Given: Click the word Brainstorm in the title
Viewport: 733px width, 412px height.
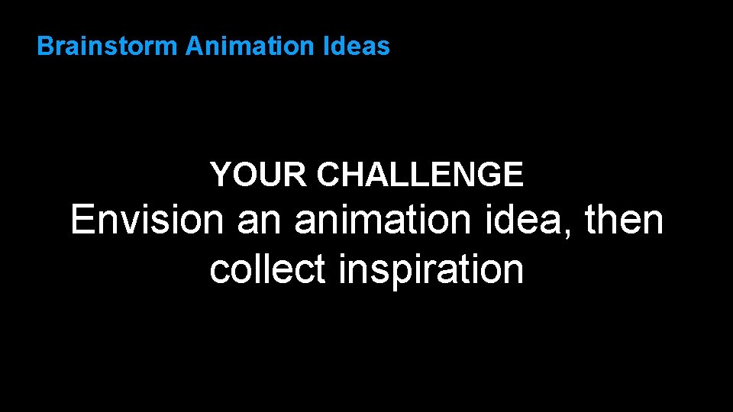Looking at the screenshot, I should pos(108,47).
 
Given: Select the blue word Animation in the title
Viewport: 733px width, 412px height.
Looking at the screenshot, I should pos(249,47).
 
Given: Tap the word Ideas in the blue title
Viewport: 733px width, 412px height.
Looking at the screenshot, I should pos(357,47).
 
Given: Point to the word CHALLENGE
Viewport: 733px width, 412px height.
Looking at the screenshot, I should pos(420,175).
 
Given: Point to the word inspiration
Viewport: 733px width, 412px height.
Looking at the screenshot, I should pos(431,269).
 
